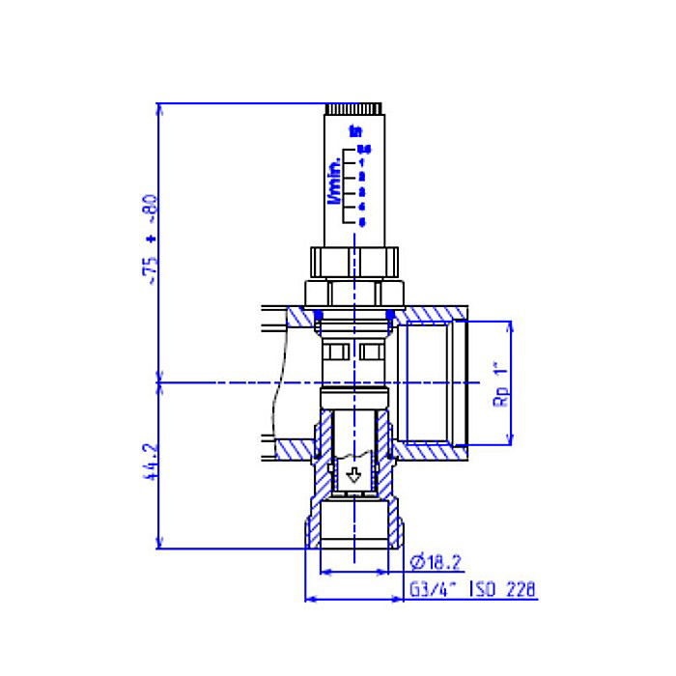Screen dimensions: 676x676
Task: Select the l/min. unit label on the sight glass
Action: tap(335, 180)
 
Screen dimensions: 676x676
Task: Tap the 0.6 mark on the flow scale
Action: tap(363, 149)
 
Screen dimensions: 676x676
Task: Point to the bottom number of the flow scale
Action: tap(362, 221)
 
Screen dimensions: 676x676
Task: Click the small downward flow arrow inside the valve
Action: tap(354, 475)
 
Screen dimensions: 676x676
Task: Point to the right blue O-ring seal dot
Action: tap(390, 313)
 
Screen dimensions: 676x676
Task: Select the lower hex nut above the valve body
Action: tap(354, 293)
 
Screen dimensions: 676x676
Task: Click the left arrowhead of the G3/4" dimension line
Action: tap(310, 599)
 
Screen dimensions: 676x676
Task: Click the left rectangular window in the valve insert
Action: tap(337, 351)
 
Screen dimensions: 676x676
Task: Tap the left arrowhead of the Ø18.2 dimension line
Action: tap(323, 572)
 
